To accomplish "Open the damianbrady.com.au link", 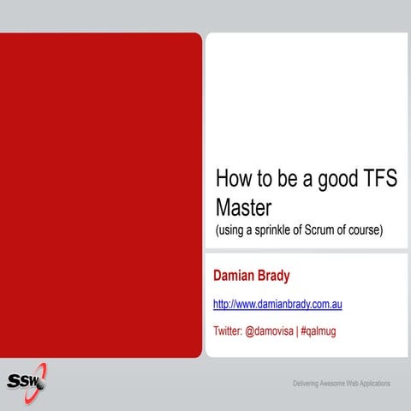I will pos(277,304).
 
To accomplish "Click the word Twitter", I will pos(228,331).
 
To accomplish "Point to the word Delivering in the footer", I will pos(308,382).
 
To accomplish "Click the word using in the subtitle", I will pos(232,230).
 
